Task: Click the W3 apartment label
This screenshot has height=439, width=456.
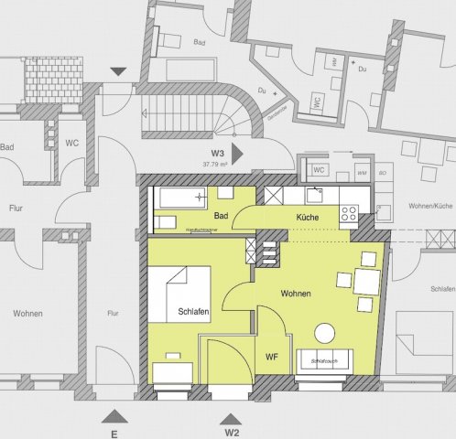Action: [x=217, y=153]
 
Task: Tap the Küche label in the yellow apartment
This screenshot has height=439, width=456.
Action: [x=307, y=217]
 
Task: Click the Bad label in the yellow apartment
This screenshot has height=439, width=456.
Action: [x=221, y=217]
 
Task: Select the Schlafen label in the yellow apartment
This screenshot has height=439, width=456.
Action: [x=193, y=313]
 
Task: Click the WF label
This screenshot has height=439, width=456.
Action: [x=272, y=357]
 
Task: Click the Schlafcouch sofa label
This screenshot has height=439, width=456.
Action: [x=323, y=362]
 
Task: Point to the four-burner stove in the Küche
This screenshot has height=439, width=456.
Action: [x=349, y=214]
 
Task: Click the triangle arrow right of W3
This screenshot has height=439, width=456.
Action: [x=236, y=155]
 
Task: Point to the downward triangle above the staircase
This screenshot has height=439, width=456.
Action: [x=116, y=71]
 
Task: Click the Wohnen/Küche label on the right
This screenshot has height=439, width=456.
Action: [x=429, y=208]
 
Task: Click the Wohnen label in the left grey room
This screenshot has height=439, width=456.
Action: [x=28, y=314]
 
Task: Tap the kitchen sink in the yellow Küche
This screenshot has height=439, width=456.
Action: [x=314, y=194]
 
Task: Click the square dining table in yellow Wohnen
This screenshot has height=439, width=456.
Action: [x=367, y=281]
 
